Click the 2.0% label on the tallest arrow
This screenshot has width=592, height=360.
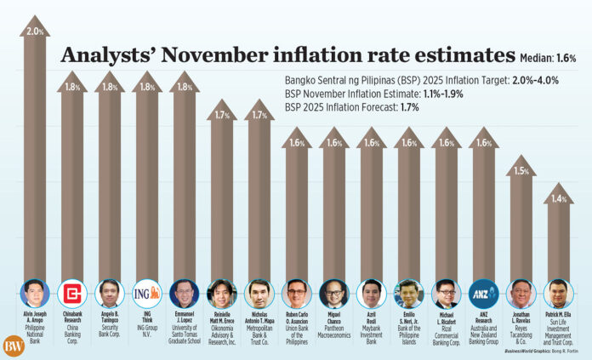pyautogui.click(x=35, y=32)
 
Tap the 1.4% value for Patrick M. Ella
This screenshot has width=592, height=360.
pyautogui.click(x=558, y=198)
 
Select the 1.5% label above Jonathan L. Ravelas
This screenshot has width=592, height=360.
pyautogui.click(x=521, y=171)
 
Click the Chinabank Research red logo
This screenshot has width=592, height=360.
pyautogui.click(x=72, y=294)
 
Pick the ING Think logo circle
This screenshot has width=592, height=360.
pyautogui.click(x=146, y=294)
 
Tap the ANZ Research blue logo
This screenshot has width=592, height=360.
pyautogui.click(x=483, y=294)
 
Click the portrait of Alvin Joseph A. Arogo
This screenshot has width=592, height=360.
pyautogui.click(x=35, y=294)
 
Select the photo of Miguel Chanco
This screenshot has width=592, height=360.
pyautogui.click(x=333, y=294)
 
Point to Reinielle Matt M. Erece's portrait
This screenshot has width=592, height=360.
pyautogui.click(x=221, y=294)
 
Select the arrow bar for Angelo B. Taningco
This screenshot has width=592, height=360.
pyautogui.click(x=110, y=187)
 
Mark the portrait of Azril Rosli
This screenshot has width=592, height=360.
pyautogui.click(x=371, y=294)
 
